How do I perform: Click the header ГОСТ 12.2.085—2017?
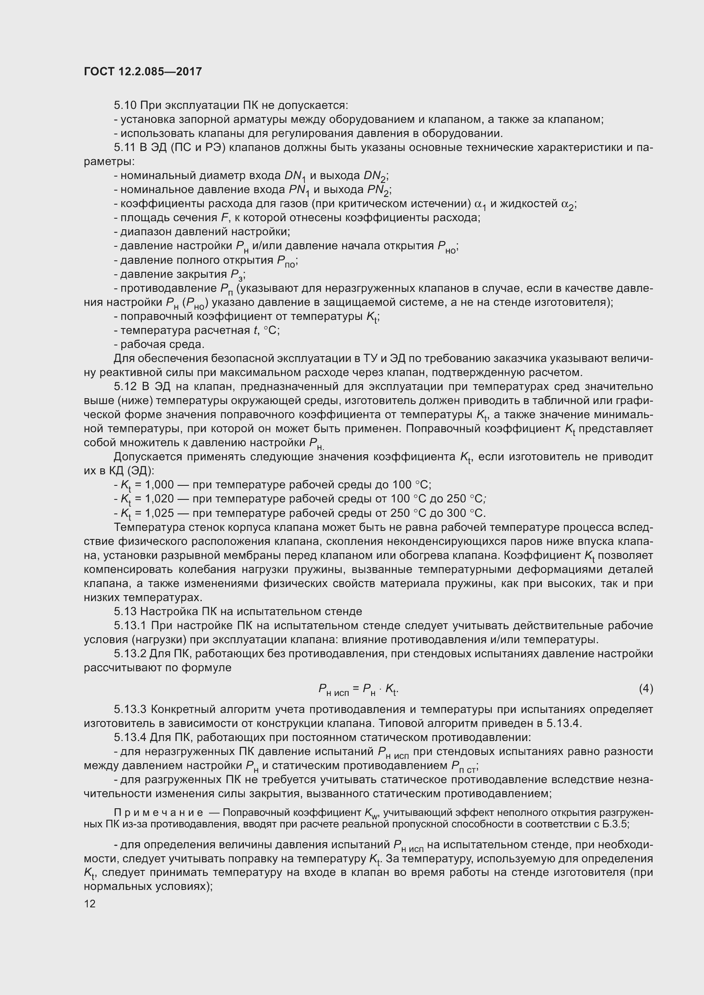[143, 71]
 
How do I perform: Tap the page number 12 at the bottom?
[89, 904]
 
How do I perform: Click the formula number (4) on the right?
[646, 689]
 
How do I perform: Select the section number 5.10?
[126, 105]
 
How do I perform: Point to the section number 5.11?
[125, 148]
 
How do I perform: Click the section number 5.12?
[126, 387]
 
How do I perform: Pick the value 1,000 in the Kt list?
[159, 485]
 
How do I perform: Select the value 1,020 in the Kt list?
[159, 499]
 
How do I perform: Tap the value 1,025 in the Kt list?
[159, 513]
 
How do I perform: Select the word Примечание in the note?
[158, 813]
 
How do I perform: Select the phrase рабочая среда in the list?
[162, 345]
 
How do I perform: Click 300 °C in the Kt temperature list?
[467, 513]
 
